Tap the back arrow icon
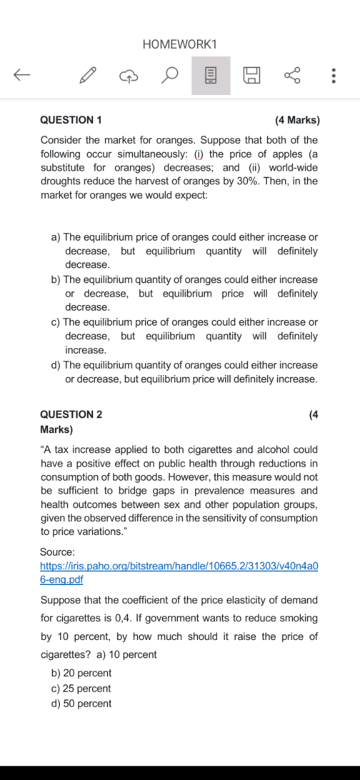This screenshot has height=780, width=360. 22,76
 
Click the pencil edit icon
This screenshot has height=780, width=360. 88,76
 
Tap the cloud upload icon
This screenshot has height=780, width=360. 128,76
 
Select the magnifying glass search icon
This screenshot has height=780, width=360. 169,76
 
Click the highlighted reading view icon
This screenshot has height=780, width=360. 211,76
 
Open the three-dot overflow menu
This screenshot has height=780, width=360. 334,76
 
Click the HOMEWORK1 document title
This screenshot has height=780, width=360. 179,44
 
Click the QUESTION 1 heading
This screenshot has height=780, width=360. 71,120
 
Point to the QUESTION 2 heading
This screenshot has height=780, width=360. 71,414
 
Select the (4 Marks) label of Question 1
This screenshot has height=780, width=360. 297,120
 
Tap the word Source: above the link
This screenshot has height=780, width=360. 57,552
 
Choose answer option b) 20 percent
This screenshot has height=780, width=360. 81,673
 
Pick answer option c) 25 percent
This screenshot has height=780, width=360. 81,688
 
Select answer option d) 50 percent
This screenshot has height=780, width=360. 81,704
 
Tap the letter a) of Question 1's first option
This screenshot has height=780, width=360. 56,237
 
